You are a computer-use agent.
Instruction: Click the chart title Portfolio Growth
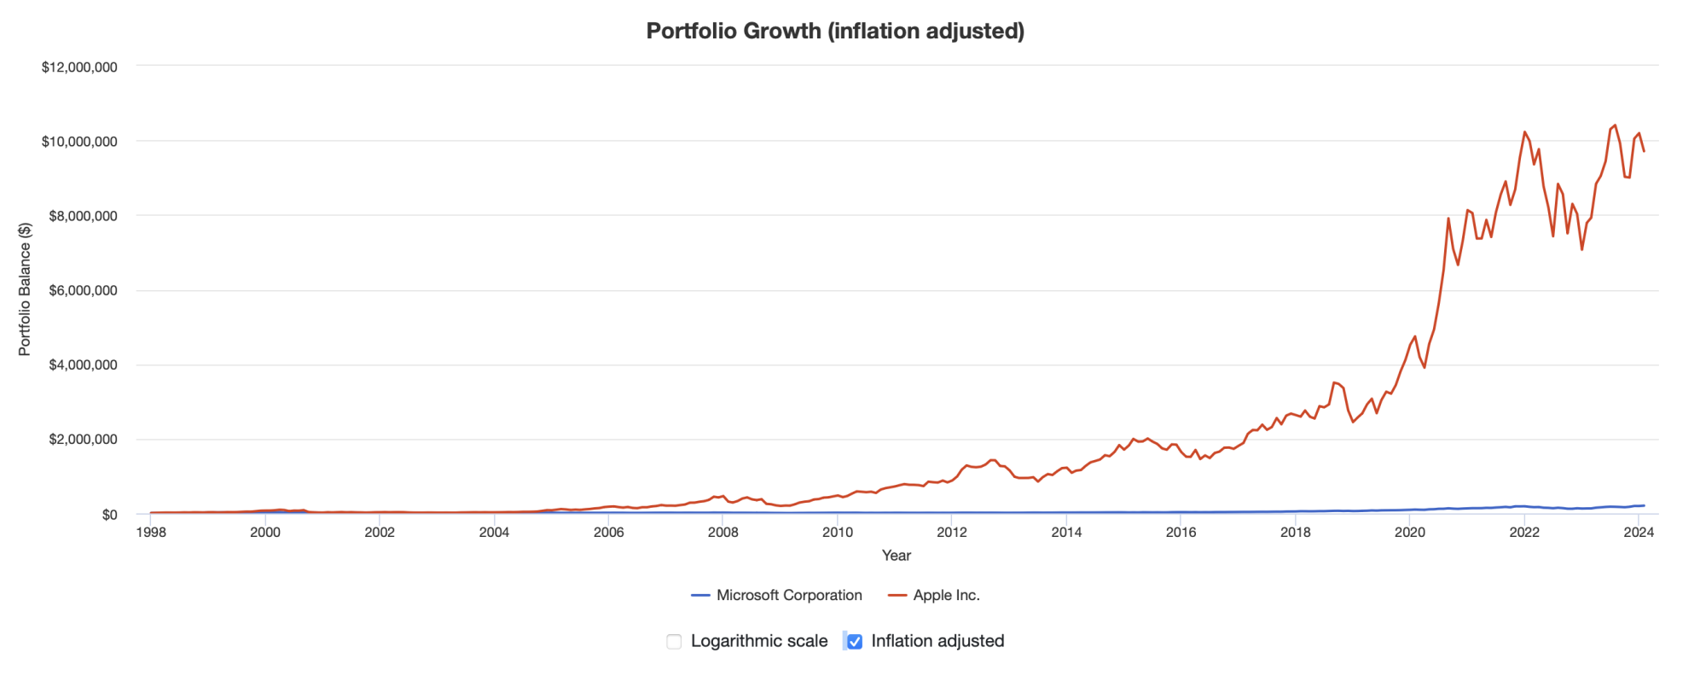834,31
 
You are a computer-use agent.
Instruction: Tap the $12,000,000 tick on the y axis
79,67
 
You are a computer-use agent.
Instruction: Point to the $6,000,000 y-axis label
83,290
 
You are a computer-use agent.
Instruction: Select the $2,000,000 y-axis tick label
83,440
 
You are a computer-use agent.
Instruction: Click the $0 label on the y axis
109,515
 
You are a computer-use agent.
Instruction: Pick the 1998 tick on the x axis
151,533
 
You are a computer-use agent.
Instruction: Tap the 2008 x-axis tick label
723,533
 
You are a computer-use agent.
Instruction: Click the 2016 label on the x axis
1181,533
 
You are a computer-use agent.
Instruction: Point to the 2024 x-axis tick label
1639,533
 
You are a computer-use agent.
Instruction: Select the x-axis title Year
896,556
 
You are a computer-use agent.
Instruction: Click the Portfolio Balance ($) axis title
25,289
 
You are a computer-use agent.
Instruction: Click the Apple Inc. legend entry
934,595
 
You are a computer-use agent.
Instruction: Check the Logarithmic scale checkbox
674,641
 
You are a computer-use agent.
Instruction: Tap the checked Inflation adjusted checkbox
855,641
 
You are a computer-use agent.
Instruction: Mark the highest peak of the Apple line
1615,125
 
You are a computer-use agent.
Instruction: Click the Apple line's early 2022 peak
1524,132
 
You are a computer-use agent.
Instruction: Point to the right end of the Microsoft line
1644,505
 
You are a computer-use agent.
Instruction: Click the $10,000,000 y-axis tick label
79,141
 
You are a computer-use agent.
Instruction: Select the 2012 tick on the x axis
952,533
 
